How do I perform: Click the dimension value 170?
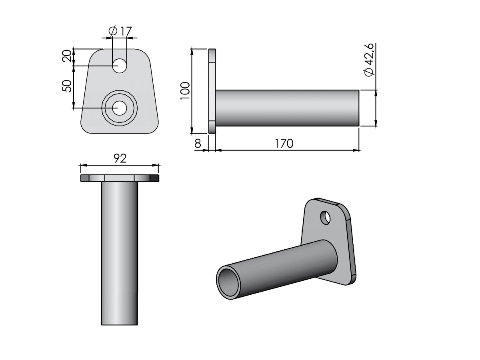tap(284, 144)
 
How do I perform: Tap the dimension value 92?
tap(120, 158)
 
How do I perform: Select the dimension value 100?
tap(185, 91)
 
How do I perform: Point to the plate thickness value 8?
tap(198, 144)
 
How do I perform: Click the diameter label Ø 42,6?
tap(369, 60)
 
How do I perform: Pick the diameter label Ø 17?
tap(120, 31)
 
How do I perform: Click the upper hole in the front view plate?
tap(119, 66)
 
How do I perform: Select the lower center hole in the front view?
tap(119, 108)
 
